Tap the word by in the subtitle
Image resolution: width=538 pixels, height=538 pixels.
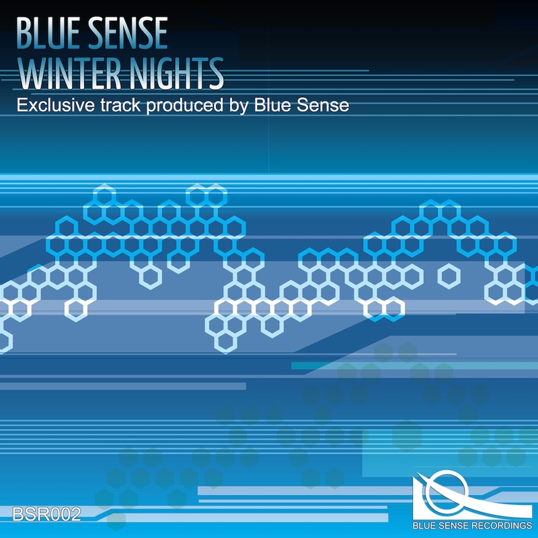click(239, 106)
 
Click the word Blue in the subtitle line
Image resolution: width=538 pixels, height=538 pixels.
click(272, 105)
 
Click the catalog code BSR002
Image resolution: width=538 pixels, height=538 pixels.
click(46, 514)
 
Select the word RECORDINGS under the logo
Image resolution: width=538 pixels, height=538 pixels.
click(502, 526)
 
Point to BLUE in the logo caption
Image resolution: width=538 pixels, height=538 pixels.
click(426, 526)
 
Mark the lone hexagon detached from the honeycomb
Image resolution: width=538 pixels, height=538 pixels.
click(449, 276)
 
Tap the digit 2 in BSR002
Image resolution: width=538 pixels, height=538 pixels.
click(75, 514)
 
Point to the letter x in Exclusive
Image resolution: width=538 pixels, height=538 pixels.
click(30, 106)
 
